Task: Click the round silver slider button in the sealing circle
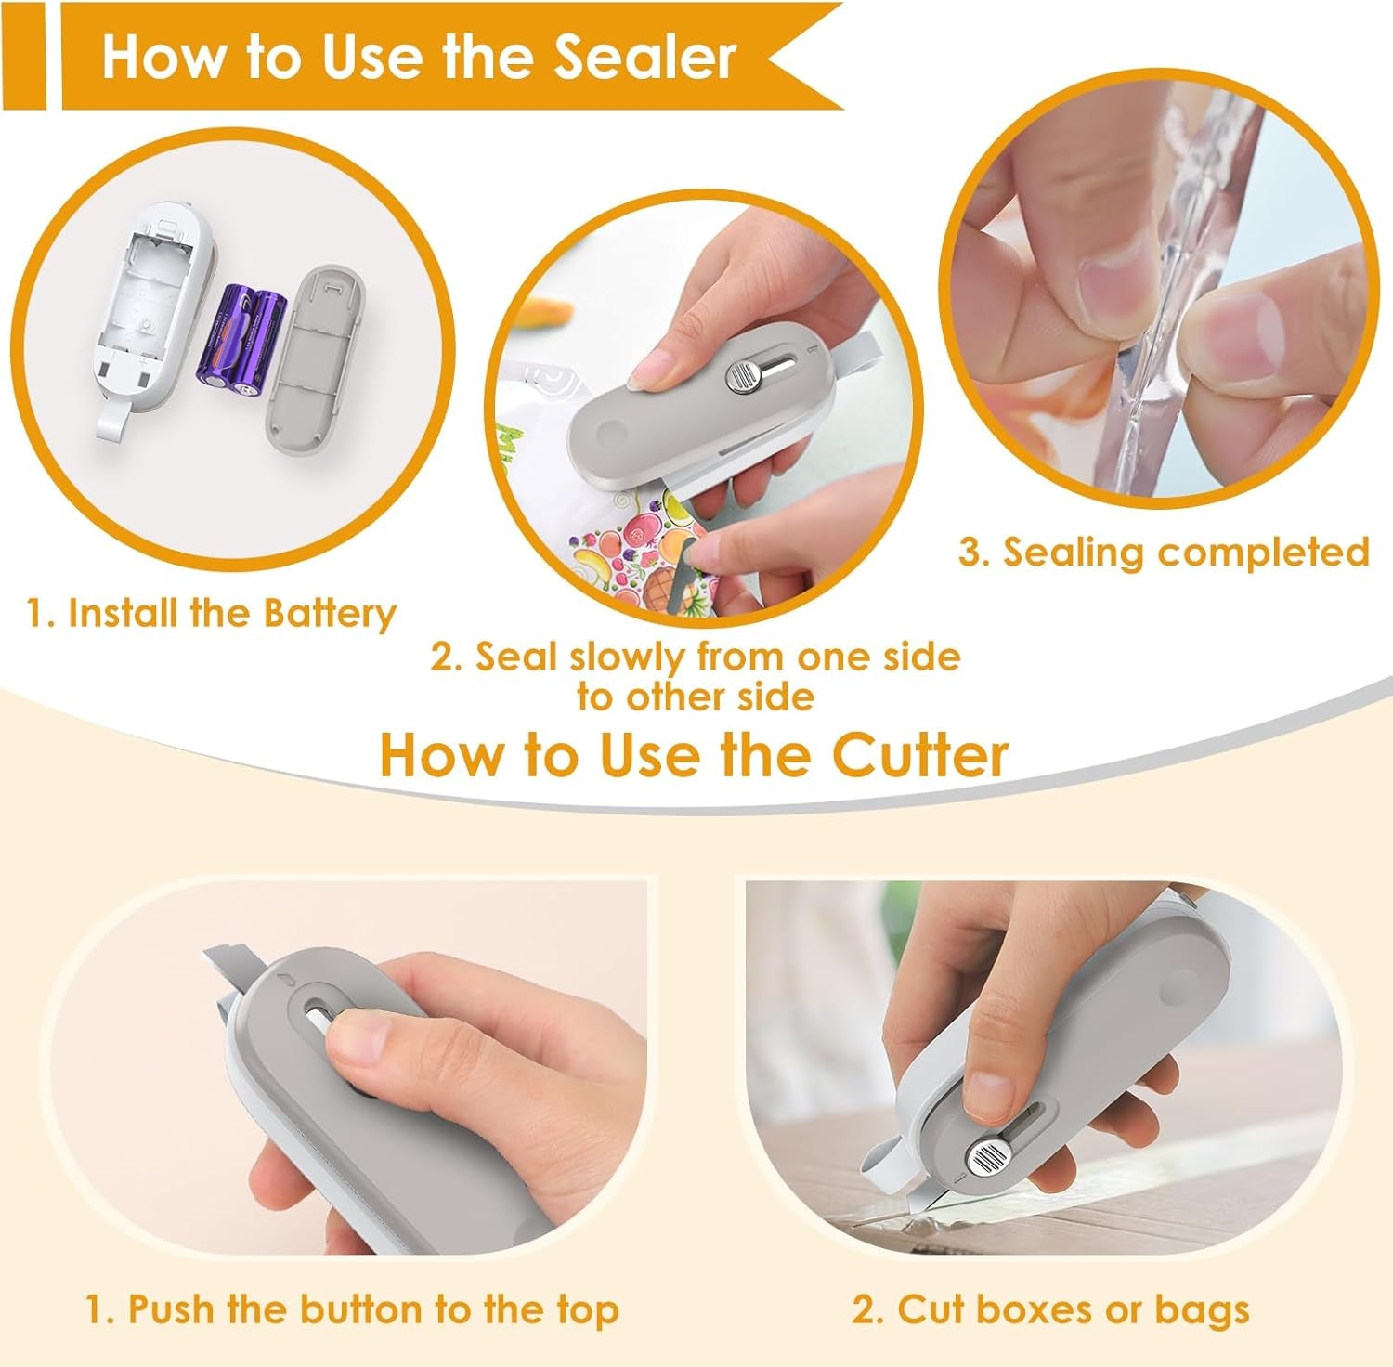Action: click(741, 375)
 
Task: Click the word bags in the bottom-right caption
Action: click(1202, 1311)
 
